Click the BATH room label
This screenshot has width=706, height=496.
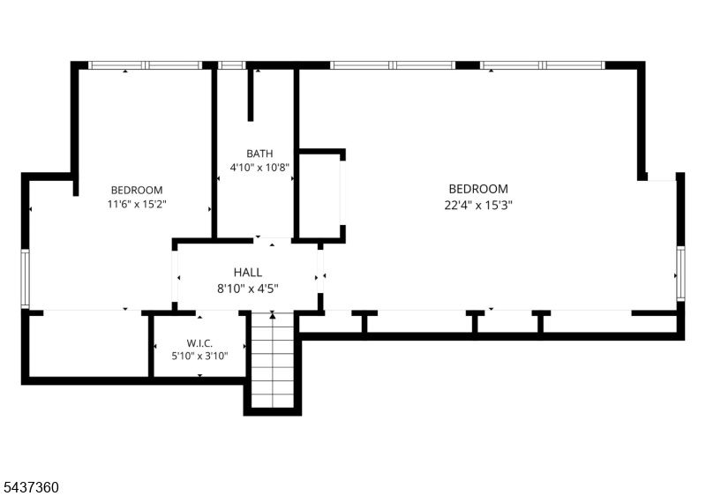(x=259, y=154)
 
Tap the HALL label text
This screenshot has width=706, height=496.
(x=248, y=273)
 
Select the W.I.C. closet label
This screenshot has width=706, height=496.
(x=199, y=343)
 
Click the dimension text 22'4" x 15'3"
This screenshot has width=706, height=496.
(x=478, y=206)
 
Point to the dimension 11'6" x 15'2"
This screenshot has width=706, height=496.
(x=137, y=204)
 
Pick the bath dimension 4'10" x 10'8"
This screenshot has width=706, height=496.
(x=259, y=168)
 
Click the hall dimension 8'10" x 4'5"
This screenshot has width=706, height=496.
(x=248, y=288)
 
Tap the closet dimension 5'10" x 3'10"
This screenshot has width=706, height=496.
(x=199, y=357)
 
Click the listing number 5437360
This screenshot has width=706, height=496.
(x=31, y=487)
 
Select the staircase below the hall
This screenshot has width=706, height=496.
(x=273, y=359)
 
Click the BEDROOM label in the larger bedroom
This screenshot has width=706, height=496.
(x=478, y=189)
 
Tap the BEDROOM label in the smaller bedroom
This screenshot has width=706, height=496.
(x=137, y=190)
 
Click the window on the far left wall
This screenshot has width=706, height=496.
(x=26, y=279)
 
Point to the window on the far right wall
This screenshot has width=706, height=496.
(x=680, y=274)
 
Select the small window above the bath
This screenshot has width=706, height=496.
(x=232, y=65)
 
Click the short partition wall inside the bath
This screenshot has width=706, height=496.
(x=251, y=95)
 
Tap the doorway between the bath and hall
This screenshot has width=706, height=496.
(x=272, y=240)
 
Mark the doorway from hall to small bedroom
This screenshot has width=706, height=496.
(x=175, y=276)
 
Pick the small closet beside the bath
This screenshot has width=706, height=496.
(x=320, y=196)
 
